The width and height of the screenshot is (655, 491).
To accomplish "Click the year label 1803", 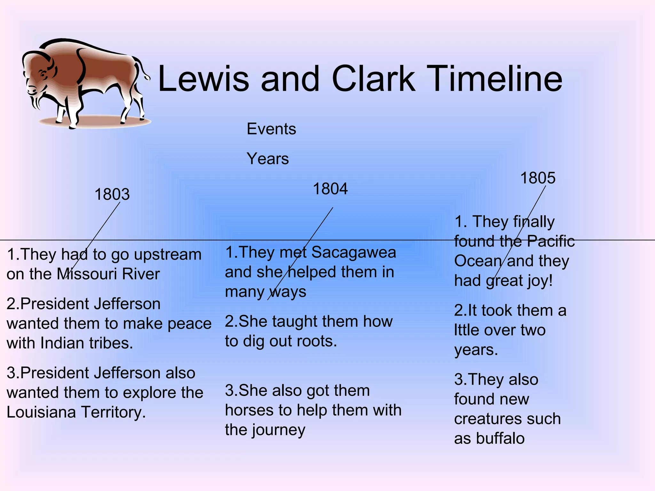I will [x=112, y=194].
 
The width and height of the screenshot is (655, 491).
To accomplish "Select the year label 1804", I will [x=330, y=189].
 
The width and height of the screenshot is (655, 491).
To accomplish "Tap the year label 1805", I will [x=538, y=178].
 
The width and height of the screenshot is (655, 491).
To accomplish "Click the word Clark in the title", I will [x=374, y=79].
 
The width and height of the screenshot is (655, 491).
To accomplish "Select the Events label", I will [x=271, y=129].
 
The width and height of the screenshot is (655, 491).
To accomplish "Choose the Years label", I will [x=268, y=159].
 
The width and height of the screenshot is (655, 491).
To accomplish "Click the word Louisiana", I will [x=41, y=412].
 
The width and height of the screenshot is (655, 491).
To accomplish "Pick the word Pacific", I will [x=550, y=241].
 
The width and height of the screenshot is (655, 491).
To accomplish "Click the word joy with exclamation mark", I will [x=541, y=281].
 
